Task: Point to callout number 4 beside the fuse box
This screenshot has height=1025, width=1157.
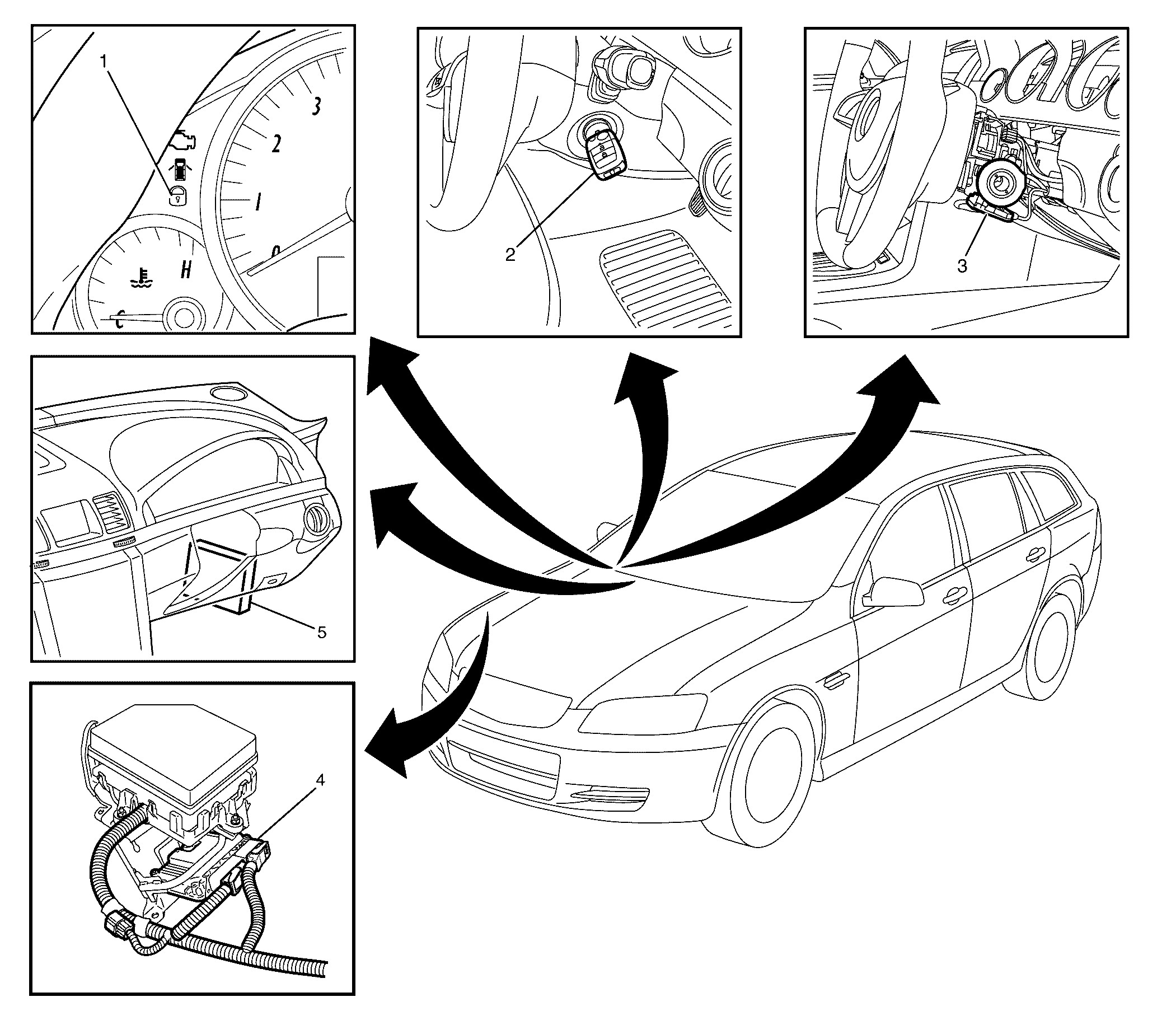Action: [x=320, y=780]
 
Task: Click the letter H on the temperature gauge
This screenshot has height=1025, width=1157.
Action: [x=185, y=270]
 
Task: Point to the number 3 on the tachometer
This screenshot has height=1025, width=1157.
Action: [x=316, y=105]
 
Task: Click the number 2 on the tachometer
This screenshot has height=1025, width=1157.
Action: [x=275, y=144]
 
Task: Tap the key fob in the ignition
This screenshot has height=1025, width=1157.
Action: [x=604, y=156]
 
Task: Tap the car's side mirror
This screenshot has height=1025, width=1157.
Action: [x=894, y=592]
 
